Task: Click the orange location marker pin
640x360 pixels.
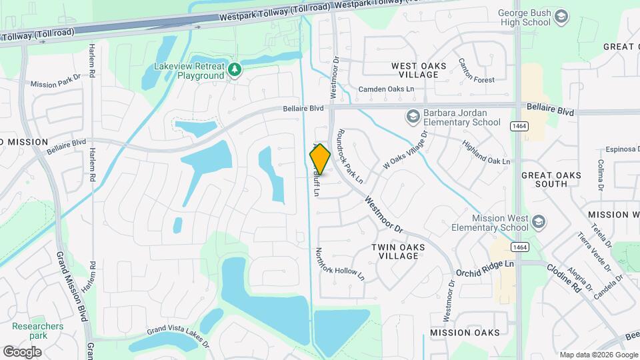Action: [x=320, y=159]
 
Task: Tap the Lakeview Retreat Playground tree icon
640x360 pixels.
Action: [x=234, y=69]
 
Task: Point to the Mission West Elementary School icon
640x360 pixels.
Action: [x=538, y=221]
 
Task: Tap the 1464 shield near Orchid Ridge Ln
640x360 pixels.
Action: [x=520, y=247]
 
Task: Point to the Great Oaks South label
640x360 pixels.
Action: [x=551, y=179]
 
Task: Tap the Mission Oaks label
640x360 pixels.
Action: [x=465, y=333]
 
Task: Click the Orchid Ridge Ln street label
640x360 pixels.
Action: [x=485, y=269]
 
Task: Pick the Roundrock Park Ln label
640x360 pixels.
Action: [x=351, y=156]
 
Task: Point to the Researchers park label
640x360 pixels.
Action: [x=37, y=331]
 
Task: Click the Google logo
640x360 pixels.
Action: [x=23, y=351]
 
